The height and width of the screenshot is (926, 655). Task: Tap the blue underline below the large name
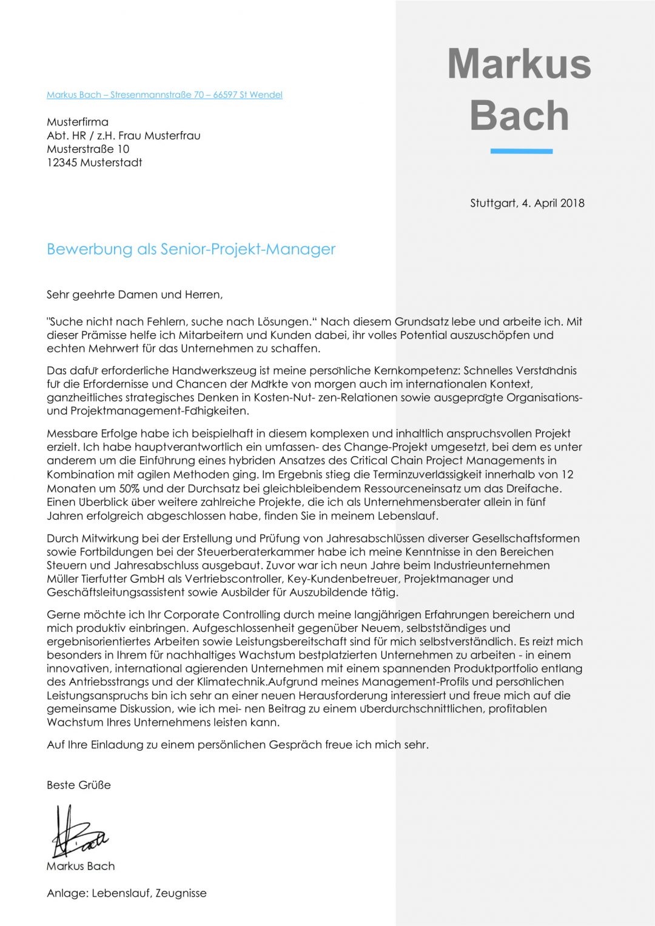(x=521, y=151)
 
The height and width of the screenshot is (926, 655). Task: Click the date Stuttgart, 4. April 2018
(x=527, y=203)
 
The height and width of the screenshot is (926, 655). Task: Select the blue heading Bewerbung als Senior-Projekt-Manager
(x=191, y=249)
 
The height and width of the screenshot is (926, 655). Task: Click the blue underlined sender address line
(x=164, y=95)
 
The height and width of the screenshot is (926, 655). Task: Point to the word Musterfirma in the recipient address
(x=78, y=122)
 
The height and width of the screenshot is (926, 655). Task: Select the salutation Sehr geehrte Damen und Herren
(x=135, y=295)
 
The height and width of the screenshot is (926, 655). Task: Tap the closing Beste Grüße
(x=79, y=785)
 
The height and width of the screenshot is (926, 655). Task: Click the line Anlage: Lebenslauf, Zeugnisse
(x=127, y=893)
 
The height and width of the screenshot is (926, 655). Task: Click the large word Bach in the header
(x=519, y=115)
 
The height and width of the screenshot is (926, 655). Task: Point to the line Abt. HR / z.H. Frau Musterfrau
(x=124, y=136)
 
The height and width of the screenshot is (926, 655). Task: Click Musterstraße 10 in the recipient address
(x=88, y=149)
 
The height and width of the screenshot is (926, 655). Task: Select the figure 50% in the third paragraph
(x=129, y=489)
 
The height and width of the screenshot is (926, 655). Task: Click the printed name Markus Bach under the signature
(x=81, y=867)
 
